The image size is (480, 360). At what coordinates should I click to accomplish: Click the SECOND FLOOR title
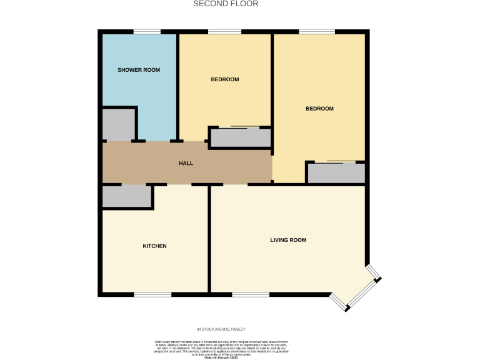(x=226, y=4)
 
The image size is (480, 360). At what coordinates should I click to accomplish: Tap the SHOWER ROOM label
(x=139, y=70)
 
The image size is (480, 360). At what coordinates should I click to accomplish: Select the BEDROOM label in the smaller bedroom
(x=224, y=79)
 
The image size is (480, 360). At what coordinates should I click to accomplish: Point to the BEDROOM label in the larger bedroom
(x=319, y=109)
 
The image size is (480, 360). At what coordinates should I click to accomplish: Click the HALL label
(x=186, y=163)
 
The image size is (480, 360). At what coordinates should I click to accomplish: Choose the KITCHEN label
(x=154, y=246)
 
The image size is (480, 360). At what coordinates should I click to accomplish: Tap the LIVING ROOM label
(x=288, y=240)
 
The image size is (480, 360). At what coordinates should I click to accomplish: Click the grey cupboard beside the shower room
(x=119, y=124)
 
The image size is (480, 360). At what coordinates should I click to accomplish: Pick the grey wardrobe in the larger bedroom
(x=336, y=173)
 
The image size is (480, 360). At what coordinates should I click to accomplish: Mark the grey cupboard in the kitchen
(x=127, y=196)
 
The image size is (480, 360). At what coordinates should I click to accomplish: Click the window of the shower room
(x=147, y=31)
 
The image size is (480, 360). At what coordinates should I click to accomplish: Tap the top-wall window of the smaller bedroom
(x=224, y=31)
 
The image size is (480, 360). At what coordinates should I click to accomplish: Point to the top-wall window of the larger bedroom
(x=316, y=31)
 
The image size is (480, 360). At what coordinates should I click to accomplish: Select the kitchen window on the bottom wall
(x=152, y=294)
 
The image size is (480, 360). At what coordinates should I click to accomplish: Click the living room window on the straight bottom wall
(x=251, y=294)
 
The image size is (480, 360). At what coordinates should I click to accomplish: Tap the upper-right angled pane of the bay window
(x=374, y=272)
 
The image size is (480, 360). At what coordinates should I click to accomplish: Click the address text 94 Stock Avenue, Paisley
(x=222, y=329)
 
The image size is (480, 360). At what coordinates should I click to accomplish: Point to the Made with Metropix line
(x=221, y=357)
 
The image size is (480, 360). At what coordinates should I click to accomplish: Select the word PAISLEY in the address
(x=239, y=329)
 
